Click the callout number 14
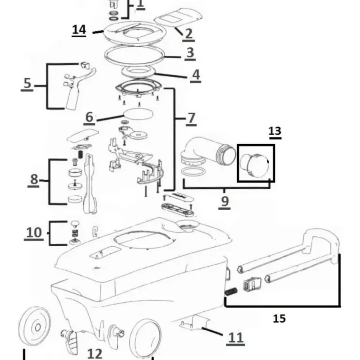click(x=79, y=30)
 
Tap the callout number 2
click(x=188, y=34)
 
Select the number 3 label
click(x=190, y=53)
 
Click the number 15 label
click(x=279, y=319)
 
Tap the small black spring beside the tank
click(x=231, y=291)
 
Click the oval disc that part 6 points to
click(x=138, y=114)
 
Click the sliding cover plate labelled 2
click(x=178, y=18)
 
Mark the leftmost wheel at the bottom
click(x=35, y=326)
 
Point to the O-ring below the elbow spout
click(x=193, y=172)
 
